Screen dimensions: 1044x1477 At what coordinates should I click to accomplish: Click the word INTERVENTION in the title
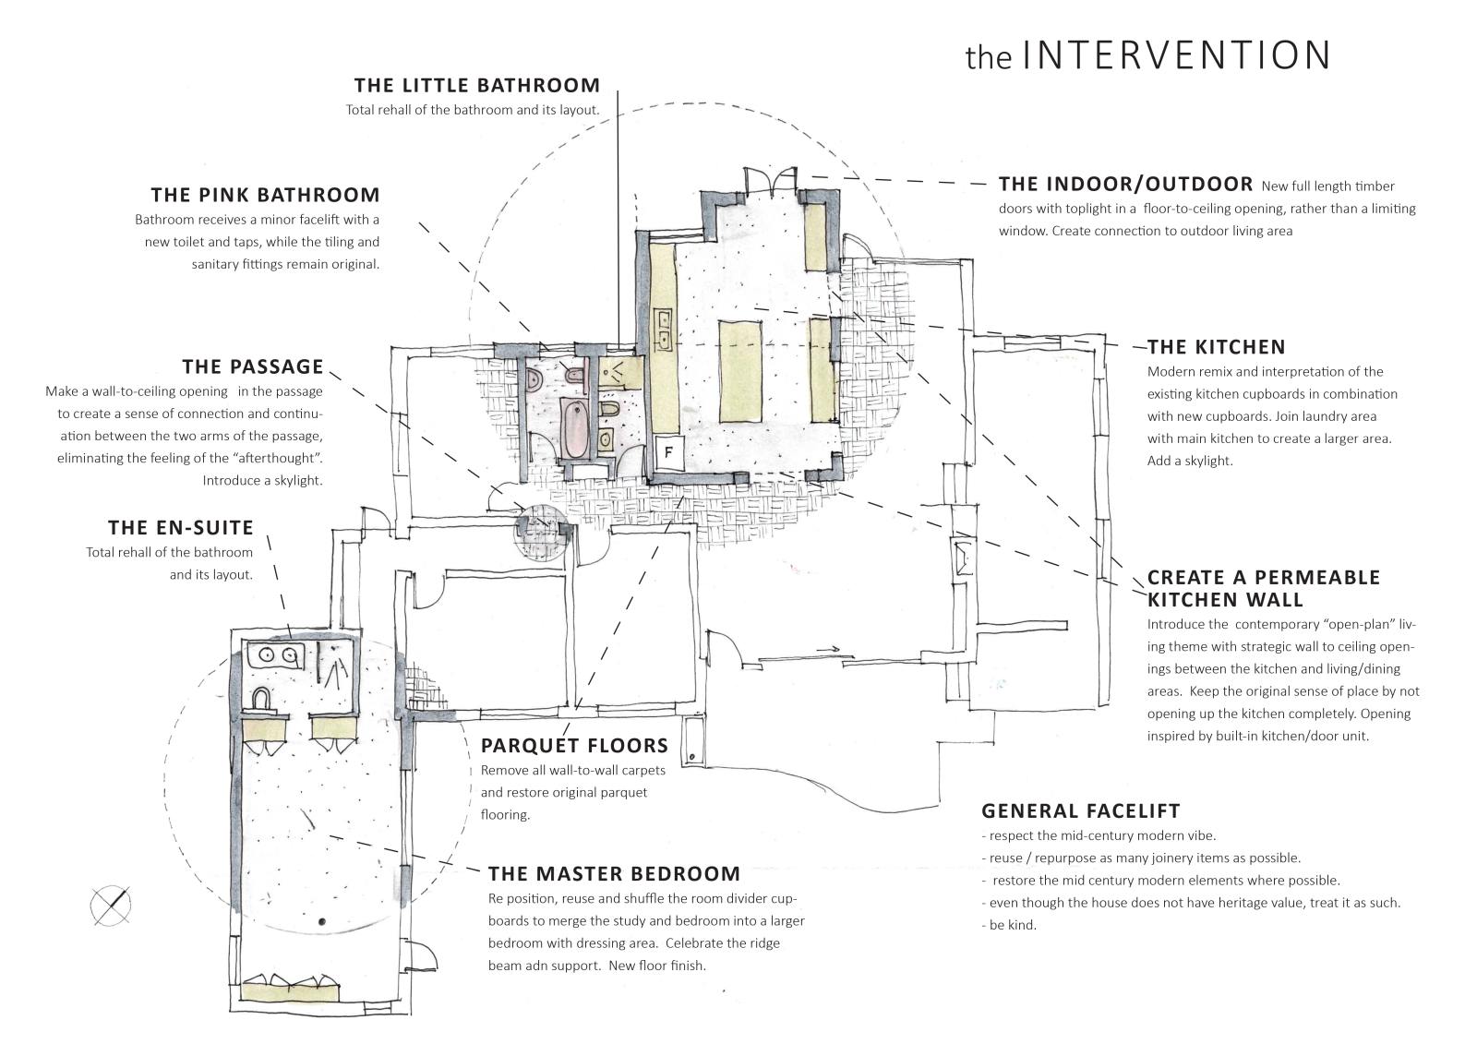pyautogui.click(x=1177, y=55)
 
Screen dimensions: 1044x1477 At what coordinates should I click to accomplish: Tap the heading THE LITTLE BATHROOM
pyautogui.click(x=476, y=86)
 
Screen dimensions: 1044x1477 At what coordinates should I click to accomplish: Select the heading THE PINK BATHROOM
pyautogui.click(x=266, y=195)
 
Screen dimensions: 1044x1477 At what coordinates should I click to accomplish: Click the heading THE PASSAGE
pyautogui.click(x=253, y=367)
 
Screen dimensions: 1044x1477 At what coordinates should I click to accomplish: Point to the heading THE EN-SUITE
pyautogui.click(x=181, y=528)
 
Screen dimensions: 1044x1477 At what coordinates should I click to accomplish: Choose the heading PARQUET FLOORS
pyautogui.click(x=574, y=746)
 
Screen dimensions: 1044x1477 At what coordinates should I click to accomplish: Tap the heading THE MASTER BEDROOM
pyautogui.click(x=614, y=874)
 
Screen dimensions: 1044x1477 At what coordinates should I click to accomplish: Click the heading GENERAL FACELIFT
pyautogui.click(x=1080, y=811)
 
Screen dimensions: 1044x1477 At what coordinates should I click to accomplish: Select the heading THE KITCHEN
pyautogui.click(x=1216, y=348)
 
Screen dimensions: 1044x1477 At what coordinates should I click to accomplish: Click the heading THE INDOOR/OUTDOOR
pyautogui.click(x=1125, y=184)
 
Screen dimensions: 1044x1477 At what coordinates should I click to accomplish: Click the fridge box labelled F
pyautogui.click(x=668, y=452)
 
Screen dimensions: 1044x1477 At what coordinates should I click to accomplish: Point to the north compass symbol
pyautogui.click(x=111, y=905)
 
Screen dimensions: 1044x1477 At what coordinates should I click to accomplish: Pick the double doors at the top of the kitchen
pyautogui.click(x=769, y=177)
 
